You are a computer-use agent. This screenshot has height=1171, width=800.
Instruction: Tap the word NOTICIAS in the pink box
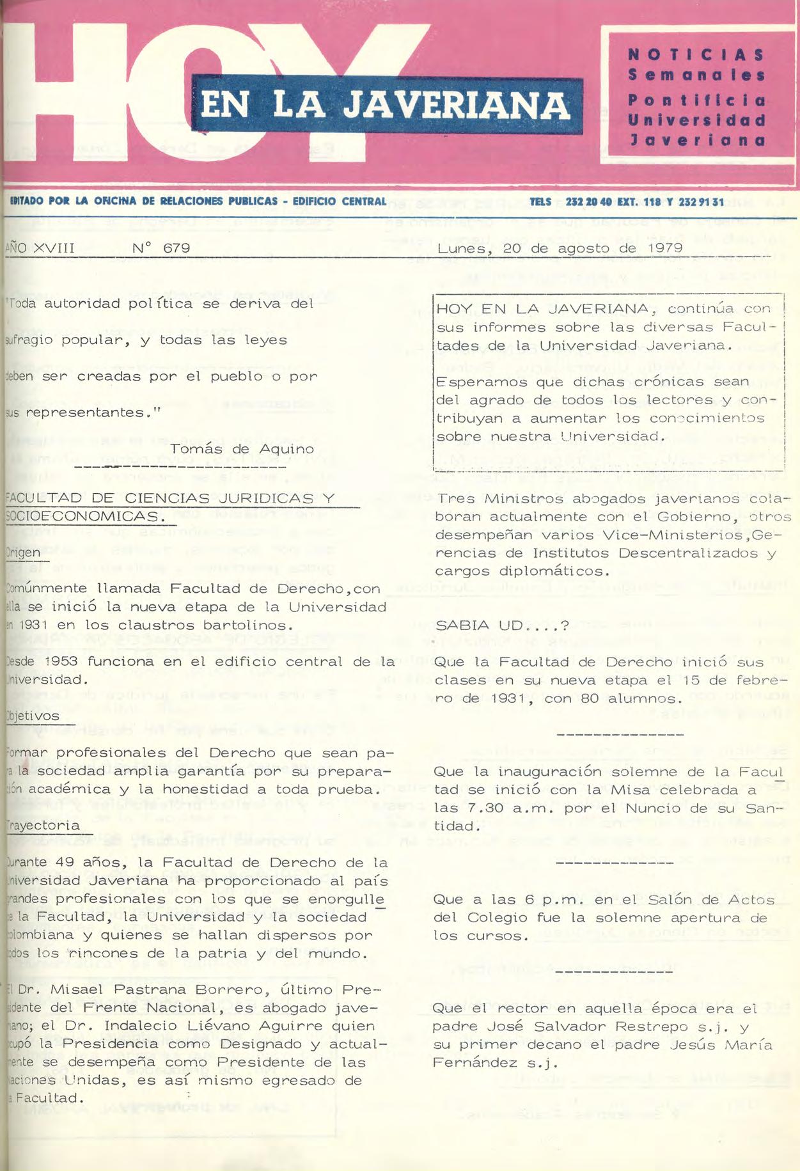696,54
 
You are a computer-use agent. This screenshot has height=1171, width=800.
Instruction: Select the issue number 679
176,248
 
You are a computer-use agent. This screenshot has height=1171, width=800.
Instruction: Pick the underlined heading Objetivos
32,716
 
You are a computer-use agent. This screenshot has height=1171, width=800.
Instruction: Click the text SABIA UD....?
501,625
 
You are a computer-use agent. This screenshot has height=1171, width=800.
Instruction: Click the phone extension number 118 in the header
651,202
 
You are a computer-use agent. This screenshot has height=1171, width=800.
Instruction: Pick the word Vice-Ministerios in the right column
680,535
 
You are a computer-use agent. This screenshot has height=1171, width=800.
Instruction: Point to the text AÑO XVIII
40,248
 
